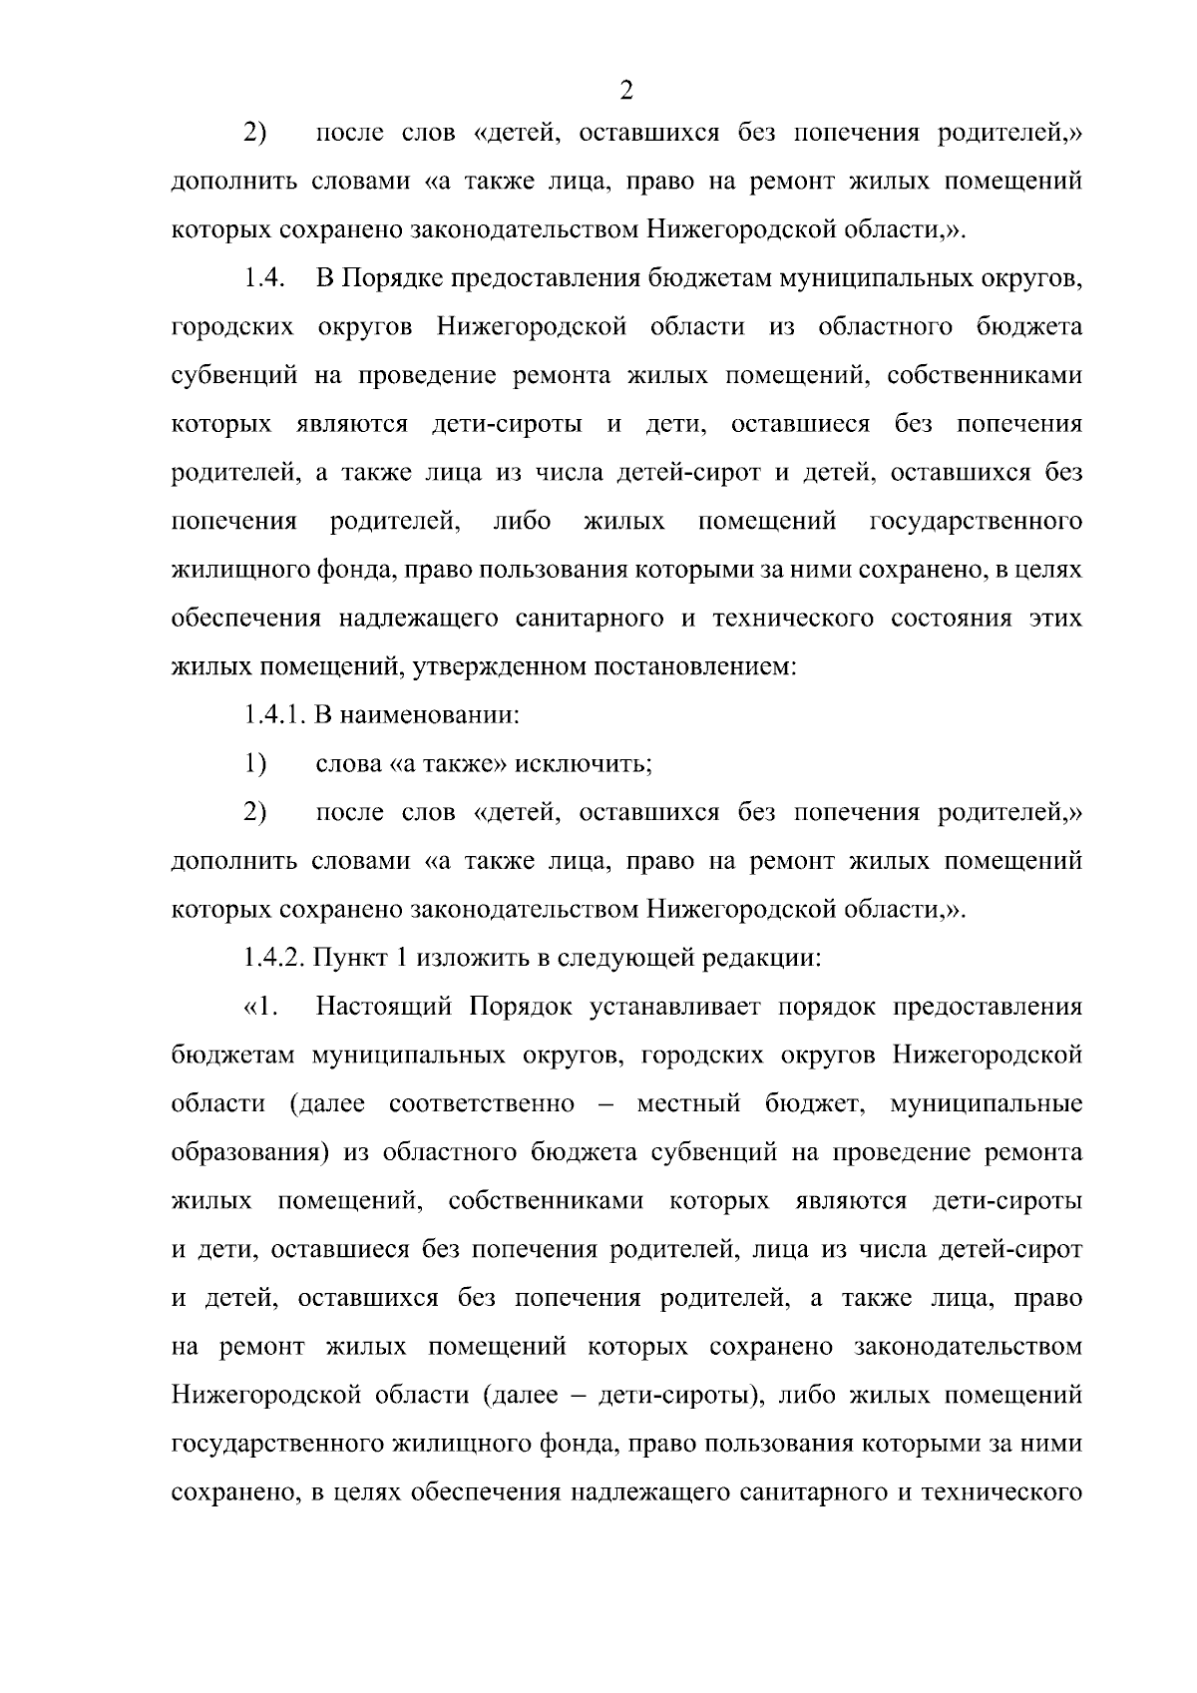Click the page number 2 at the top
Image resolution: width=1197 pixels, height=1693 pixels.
(x=626, y=91)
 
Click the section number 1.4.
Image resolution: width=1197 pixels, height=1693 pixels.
(x=264, y=278)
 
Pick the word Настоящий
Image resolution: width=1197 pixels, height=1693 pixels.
(x=385, y=1007)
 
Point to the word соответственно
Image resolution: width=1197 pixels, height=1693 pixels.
(x=482, y=1104)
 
